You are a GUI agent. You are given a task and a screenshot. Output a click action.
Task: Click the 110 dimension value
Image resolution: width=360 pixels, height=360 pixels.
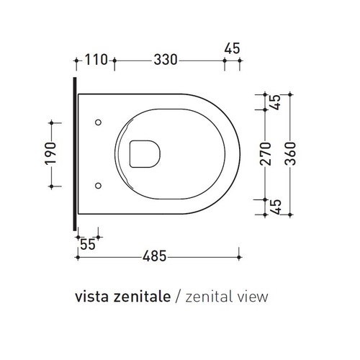(96, 60)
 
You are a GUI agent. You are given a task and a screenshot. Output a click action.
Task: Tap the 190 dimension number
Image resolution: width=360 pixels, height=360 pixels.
(50, 153)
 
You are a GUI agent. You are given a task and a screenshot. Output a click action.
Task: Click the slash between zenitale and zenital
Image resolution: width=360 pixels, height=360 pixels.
(178, 295)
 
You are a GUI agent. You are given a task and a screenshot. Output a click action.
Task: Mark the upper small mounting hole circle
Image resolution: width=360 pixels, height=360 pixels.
(98, 122)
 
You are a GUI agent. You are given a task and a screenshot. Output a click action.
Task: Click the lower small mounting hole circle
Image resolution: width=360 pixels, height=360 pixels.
(98, 185)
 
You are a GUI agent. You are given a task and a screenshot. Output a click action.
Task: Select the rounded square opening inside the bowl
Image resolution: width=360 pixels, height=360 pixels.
(143, 153)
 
